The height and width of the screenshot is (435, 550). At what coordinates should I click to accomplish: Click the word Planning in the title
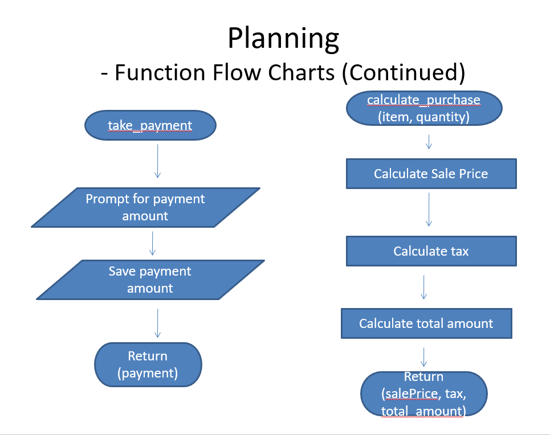click(283, 39)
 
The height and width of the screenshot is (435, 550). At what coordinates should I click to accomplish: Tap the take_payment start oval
click(150, 125)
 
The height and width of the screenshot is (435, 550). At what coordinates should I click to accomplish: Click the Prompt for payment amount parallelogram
click(145, 207)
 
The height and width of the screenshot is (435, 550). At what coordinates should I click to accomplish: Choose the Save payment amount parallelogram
click(150, 280)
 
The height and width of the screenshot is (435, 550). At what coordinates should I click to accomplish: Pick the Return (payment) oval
click(148, 364)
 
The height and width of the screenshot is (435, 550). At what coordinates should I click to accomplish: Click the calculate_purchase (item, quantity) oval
click(423, 109)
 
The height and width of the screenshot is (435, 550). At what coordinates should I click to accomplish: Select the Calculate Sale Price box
click(431, 174)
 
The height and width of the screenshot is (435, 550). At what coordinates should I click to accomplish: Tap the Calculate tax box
click(431, 251)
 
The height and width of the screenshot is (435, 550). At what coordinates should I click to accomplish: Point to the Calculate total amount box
click(426, 323)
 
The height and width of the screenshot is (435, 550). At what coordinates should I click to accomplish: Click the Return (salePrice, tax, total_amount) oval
click(423, 393)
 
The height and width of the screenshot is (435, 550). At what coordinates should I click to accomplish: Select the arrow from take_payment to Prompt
click(157, 161)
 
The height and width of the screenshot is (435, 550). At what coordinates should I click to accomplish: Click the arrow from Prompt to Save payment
click(152, 243)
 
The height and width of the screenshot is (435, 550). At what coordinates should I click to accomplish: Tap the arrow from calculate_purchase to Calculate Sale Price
click(429, 142)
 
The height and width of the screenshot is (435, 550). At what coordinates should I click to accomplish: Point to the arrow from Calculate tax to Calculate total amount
click(423, 288)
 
